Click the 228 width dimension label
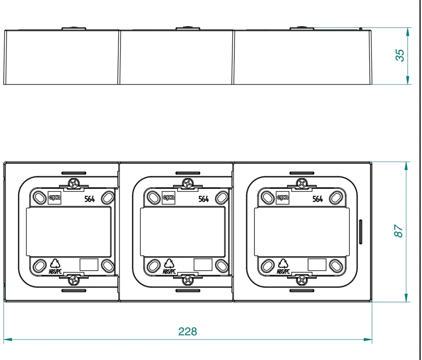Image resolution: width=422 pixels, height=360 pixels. tap(187, 331)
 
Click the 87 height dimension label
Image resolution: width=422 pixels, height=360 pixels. tap(399, 231)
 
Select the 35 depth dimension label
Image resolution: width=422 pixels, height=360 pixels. tap(400, 55)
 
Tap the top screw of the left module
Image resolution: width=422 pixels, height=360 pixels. tap(73, 184)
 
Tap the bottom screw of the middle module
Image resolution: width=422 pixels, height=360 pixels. tap(188, 280)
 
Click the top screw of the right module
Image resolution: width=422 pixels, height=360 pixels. tap(302, 184)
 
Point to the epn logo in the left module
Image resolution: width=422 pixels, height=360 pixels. tap(54, 198)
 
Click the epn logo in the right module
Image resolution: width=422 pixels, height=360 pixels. tap(283, 198)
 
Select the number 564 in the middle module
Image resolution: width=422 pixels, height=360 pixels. tap(204, 199)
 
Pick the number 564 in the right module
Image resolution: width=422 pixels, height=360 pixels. tap(318, 199)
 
